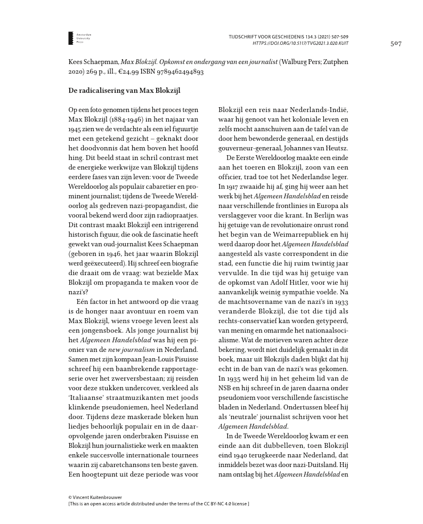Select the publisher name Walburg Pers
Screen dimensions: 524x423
(304, 62)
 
